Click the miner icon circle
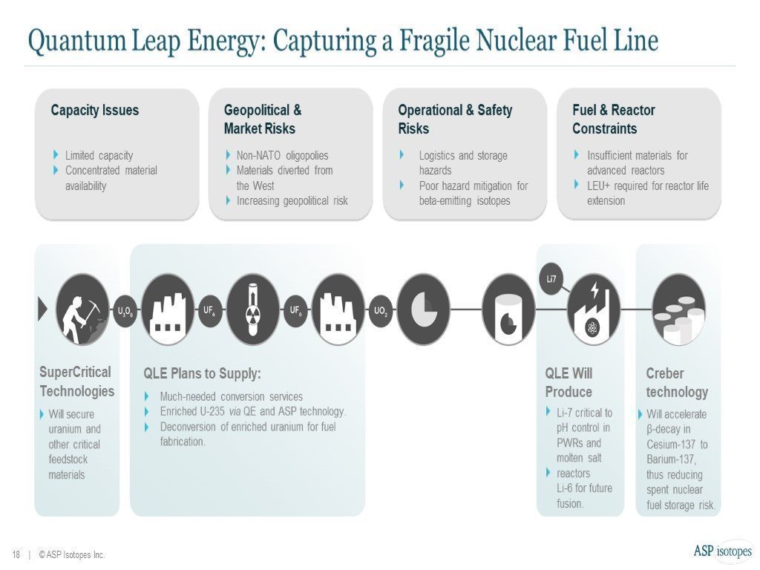[x=82, y=309]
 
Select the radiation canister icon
[x=253, y=309]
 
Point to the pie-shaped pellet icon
[x=423, y=309]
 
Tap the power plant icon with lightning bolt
[x=594, y=309]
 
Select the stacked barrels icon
[x=678, y=309]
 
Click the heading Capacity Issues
[x=94, y=111]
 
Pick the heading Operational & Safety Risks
[x=454, y=119]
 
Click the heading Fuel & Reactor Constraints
[x=613, y=119]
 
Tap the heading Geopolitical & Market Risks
[x=262, y=119]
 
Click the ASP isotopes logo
[x=722, y=551]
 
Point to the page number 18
[x=16, y=554]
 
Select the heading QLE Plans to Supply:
[x=202, y=374]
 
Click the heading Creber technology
[x=676, y=383]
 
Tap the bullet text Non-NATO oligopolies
[x=282, y=156]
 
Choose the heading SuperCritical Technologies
[x=76, y=381]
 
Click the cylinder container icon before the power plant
[x=508, y=309]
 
